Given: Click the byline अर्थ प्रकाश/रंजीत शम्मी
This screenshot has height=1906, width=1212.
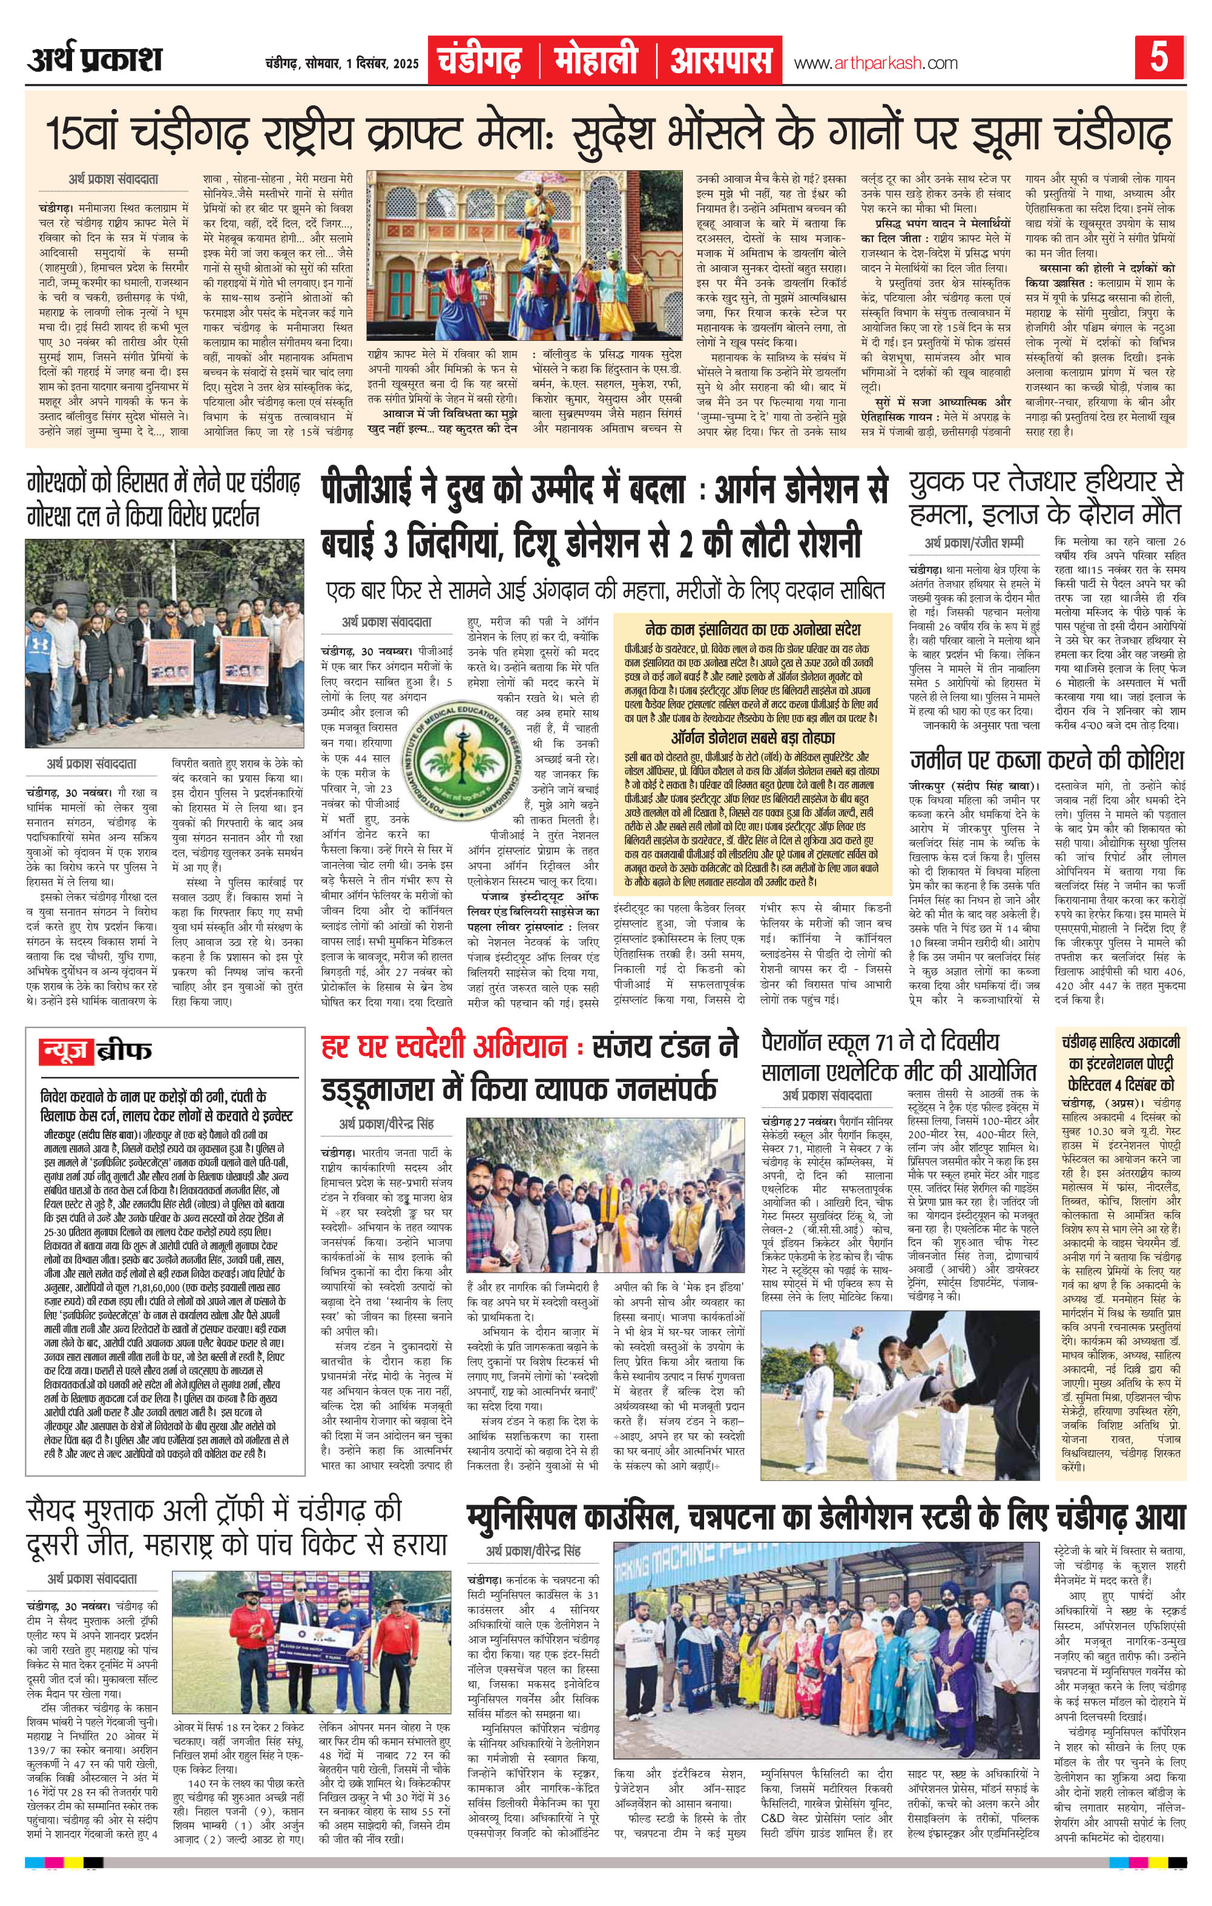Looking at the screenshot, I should (973, 544).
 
